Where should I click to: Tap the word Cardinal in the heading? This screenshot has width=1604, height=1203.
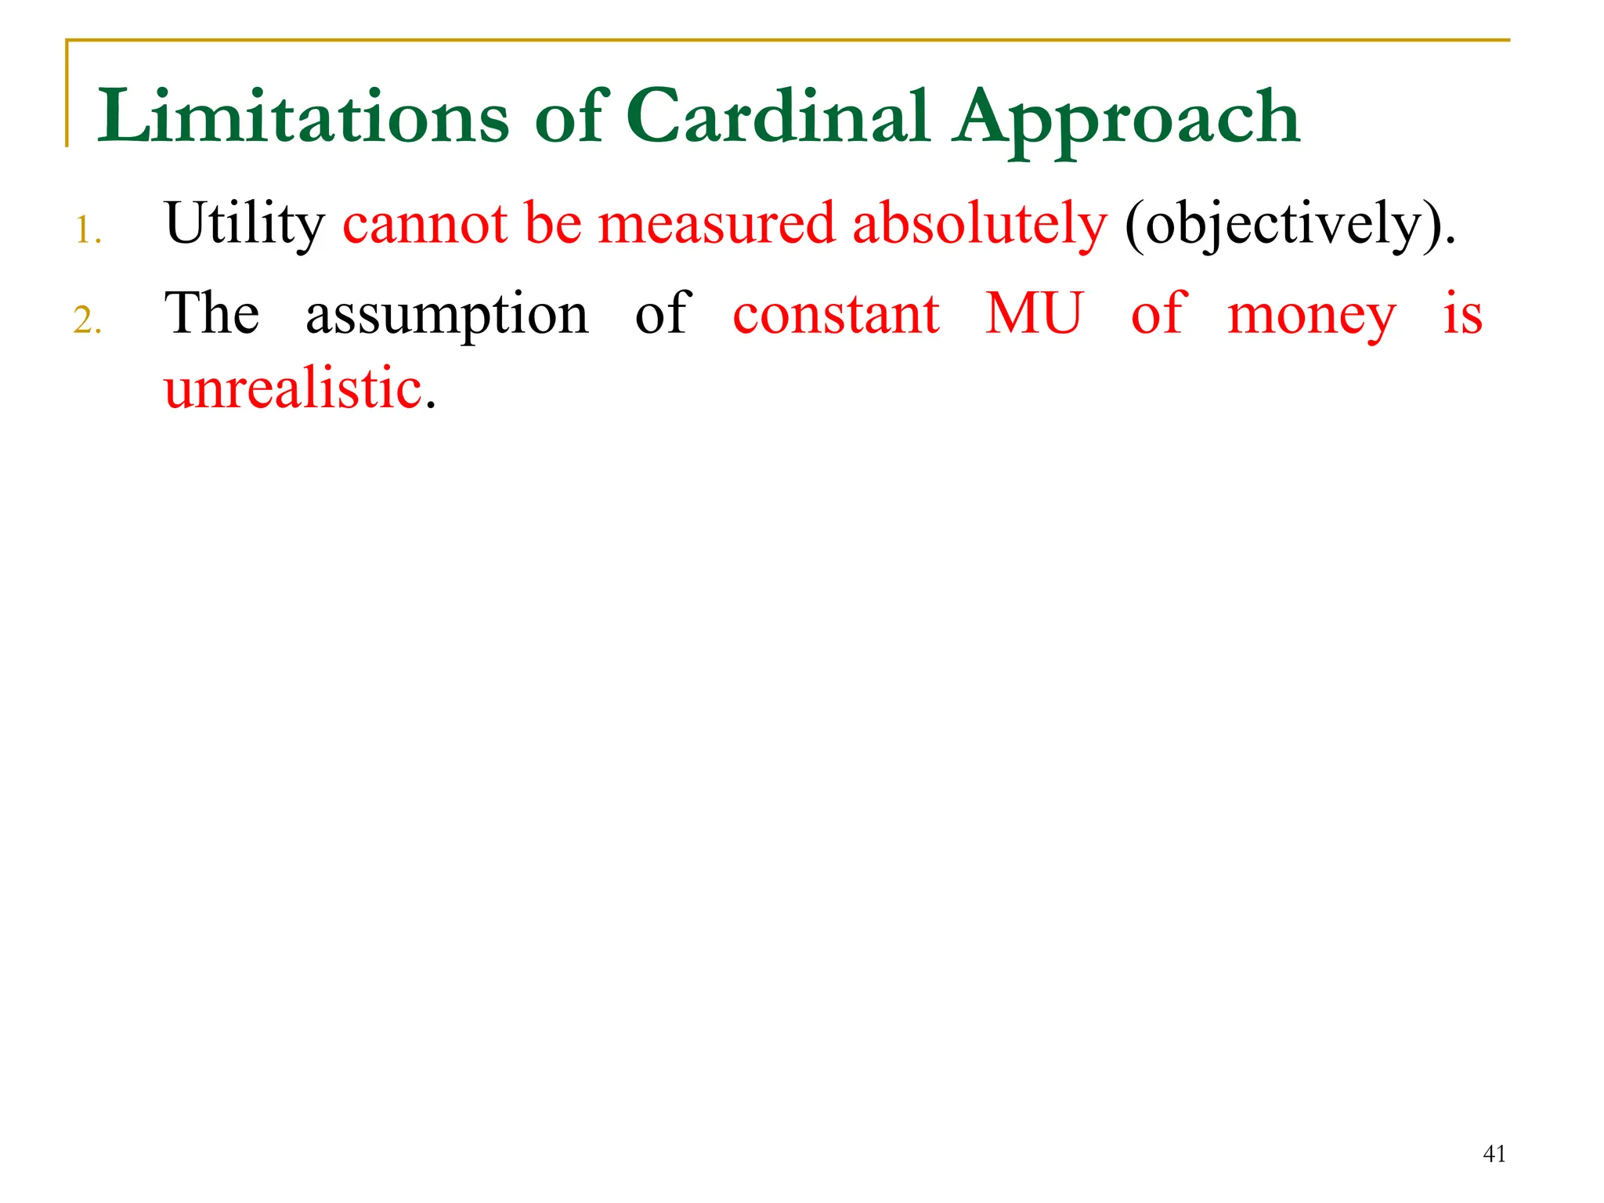coord(779,117)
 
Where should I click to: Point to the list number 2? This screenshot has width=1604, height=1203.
coord(88,320)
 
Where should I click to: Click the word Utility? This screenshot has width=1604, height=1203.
coord(244,225)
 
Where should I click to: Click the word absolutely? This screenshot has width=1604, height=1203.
coord(979,225)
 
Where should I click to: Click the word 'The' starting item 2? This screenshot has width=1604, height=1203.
coord(211,313)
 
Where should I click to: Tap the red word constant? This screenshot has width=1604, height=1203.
coord(836,313)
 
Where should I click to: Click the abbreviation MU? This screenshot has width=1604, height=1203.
coord(1034,313)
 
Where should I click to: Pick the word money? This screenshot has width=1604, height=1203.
coord(1311,316)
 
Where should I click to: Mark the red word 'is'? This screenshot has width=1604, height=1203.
coord(1462,313)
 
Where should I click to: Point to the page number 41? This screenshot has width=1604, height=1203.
coord(1494,1154)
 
